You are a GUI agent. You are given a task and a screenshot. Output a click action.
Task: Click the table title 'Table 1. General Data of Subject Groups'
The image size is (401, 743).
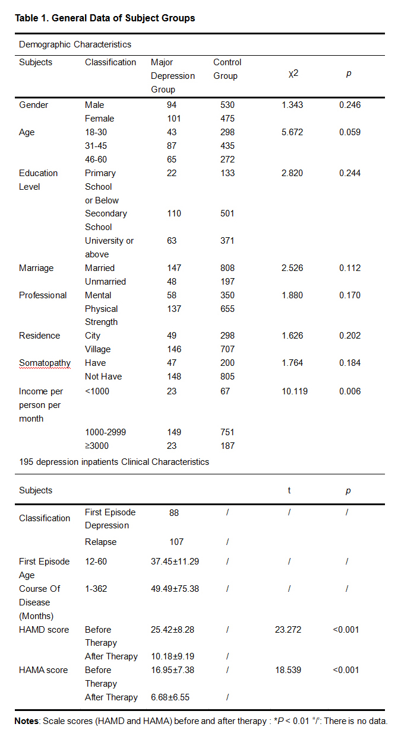point(105,18)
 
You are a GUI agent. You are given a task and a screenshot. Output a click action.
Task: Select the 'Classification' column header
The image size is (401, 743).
point(110,62)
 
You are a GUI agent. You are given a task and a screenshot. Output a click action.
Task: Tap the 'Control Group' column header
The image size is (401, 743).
point(227,69)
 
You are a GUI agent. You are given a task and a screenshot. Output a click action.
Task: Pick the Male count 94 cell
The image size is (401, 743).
point(172,105)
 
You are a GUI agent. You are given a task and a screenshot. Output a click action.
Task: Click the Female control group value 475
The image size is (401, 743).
point(227,119)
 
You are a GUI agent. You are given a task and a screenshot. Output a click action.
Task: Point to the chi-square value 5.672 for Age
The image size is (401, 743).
point(292,132)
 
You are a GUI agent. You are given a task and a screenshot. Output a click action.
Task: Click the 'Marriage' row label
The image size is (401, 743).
point(36,268)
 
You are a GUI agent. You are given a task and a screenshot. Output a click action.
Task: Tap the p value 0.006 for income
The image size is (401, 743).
point(350,391)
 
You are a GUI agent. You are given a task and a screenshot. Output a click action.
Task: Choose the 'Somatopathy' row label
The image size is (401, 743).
point(45,363)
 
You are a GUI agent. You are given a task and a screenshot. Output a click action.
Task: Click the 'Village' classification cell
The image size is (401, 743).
point(97,349)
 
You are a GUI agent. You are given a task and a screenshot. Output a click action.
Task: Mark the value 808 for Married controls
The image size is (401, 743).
point(227,268)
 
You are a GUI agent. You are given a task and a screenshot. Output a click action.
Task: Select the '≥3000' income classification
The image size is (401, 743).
point(97,446)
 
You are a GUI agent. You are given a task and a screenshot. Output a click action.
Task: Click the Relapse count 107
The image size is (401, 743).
point(176,542)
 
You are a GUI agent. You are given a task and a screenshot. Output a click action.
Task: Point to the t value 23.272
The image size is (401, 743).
point(288,630)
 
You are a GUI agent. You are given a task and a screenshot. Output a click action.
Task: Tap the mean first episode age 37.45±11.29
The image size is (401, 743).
point(175,562)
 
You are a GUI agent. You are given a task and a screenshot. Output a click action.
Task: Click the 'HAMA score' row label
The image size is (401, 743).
point(44,670)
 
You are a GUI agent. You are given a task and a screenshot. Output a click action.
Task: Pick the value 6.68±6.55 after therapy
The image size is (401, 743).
point(171,697)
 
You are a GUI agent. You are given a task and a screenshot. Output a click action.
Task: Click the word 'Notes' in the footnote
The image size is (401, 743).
point(26,721)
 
